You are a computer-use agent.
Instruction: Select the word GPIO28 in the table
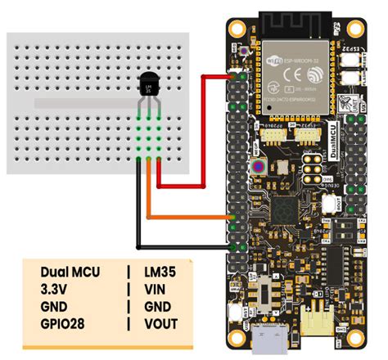[65, 323]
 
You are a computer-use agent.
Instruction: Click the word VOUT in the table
[160, 323]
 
